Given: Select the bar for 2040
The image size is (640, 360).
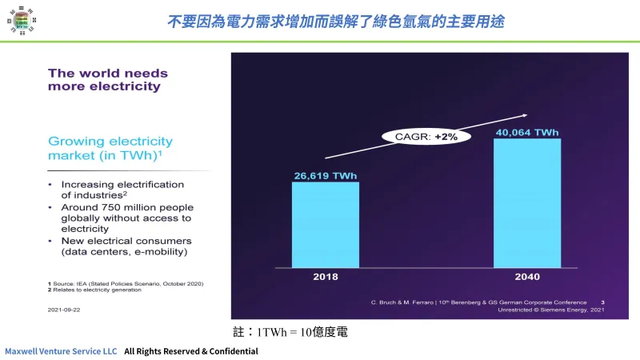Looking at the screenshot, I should click(526, 203).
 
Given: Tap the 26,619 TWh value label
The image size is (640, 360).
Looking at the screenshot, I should click(325, 174).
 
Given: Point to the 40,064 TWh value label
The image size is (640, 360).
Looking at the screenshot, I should click(526, 132).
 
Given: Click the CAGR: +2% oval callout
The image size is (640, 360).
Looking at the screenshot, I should click(426, 137).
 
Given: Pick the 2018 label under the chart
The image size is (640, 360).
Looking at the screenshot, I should click(325, 277).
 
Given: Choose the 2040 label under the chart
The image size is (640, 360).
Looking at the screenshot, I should click(526, 277).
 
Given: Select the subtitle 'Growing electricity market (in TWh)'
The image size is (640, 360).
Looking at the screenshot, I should click(105, 147).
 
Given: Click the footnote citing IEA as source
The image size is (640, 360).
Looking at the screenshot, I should click(125, 283).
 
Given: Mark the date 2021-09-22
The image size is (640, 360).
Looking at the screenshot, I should click(64, 308).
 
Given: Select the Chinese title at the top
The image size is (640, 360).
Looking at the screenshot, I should click(335, 21).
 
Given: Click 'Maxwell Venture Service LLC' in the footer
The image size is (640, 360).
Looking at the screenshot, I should click(61, 351).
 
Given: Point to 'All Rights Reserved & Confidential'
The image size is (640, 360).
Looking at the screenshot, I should click(191, 351).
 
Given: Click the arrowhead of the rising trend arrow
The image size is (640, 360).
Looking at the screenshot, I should click(524, 115).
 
